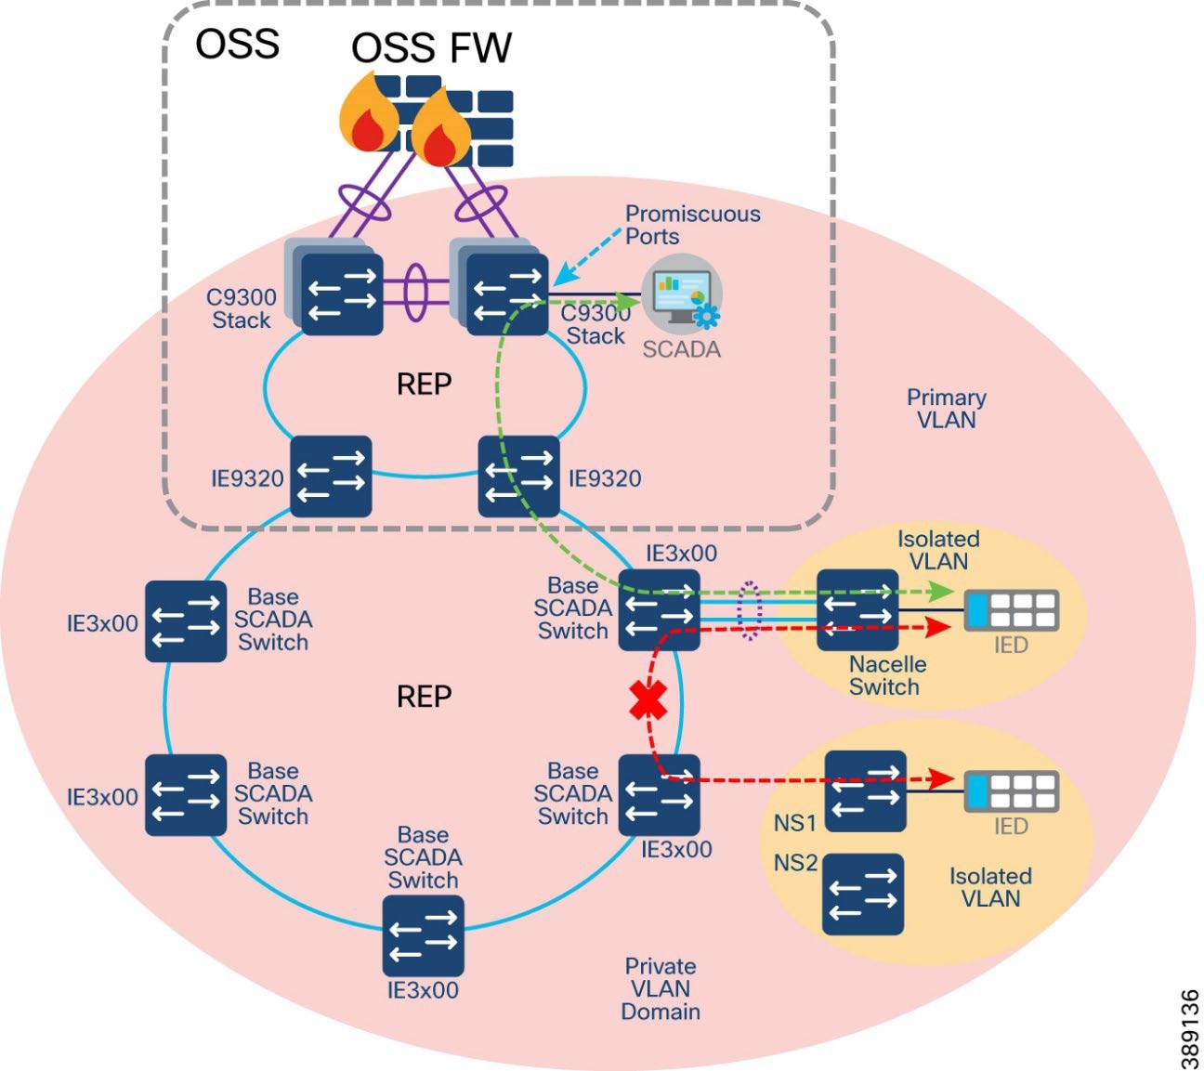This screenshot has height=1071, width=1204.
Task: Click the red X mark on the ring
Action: (648, 702)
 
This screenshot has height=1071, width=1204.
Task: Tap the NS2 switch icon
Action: (863, 894)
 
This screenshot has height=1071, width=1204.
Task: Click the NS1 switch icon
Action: (865, 791)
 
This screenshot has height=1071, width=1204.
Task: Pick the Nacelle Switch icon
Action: (857, 610)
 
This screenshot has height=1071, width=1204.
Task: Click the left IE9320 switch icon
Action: (331, 477)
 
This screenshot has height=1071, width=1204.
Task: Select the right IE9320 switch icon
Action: (519, 477)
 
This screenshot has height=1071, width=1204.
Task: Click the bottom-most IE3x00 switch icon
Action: (423, 935)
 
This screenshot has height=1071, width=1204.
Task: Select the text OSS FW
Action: (431, 48)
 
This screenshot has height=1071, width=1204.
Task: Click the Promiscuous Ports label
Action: (691, 225)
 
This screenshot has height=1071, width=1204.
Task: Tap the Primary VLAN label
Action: (946, 409)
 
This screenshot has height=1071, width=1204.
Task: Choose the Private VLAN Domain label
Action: (660, 988)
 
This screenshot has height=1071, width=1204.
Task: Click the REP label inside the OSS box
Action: (424, 384)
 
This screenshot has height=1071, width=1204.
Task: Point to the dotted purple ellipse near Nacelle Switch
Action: (749, 610)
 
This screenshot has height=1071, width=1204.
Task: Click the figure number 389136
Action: (1189, 1028)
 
